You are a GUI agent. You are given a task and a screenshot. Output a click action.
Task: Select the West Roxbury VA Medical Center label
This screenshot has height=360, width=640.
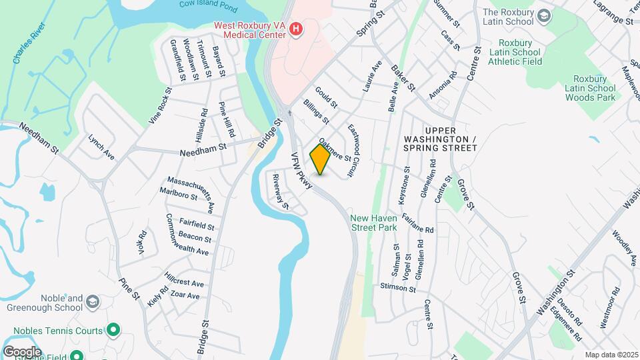tap(250, 30)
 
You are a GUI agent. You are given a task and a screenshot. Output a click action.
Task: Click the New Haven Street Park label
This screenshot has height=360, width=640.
tap(374, 223)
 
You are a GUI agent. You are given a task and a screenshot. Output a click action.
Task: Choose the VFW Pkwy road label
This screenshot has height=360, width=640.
tap(301, 172)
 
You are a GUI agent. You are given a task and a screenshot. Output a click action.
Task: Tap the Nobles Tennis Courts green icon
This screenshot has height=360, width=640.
tap(113, 329)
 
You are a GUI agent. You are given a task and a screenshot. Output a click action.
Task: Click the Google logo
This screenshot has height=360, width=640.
tap(22, 351)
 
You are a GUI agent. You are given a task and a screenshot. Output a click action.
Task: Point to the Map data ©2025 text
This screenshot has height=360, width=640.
tap(611, 355)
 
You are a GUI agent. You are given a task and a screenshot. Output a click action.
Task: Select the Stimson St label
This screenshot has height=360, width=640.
tap(397, 289)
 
